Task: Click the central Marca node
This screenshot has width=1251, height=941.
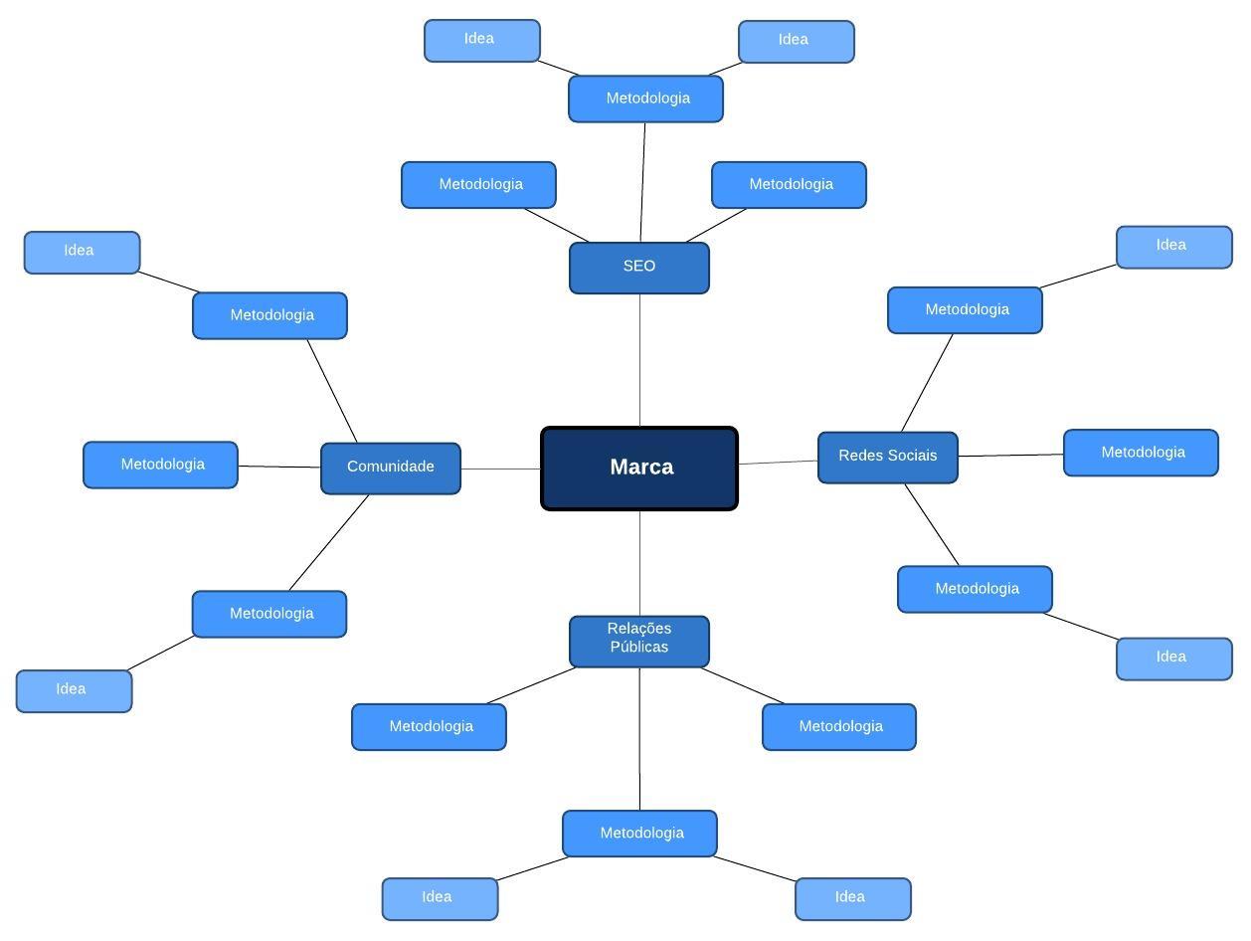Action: point(639,469)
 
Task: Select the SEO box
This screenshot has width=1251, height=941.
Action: point(639,268)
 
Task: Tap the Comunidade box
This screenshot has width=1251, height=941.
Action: point(391,468)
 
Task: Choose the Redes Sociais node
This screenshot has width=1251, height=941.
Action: point(888,457)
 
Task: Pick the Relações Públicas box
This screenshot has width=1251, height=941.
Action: point(639,640)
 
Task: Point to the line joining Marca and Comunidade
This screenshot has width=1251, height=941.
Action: point(501,469)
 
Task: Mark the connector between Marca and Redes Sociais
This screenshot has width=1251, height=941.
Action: point(778,462)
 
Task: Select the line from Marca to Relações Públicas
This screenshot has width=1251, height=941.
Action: point(639,563)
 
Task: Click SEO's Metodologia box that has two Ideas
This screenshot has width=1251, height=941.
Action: point(646,98)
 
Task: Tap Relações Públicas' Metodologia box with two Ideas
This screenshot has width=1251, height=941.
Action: point(640,833)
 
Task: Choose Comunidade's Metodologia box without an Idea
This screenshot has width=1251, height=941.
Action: point(161,465)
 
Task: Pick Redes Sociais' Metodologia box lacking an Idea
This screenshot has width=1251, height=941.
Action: point(1141,453)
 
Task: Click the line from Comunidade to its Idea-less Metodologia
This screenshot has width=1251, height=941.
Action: point(279,467)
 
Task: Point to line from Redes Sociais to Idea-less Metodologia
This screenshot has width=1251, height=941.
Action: point(1010,456)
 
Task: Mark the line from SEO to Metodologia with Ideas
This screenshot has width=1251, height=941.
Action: point(642,182)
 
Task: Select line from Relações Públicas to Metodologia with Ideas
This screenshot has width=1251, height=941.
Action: point(639,738)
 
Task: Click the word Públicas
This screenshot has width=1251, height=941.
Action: point(639,648)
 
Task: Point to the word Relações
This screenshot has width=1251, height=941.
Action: point(639,629)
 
